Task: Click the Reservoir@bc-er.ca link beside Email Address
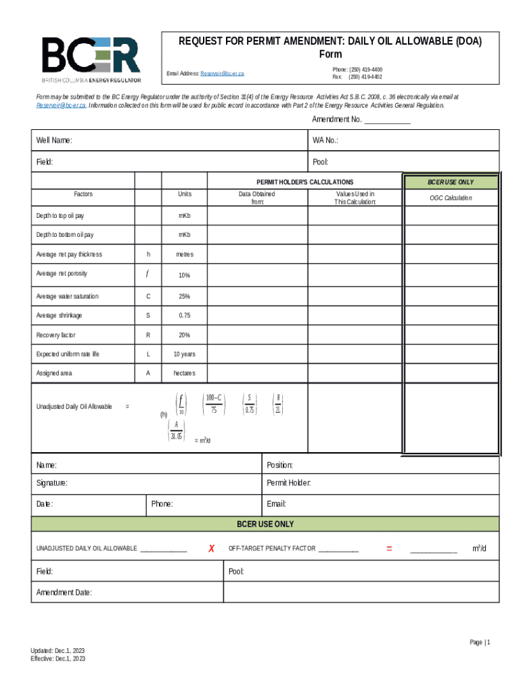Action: pos(222,72)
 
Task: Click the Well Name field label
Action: pos(54,140)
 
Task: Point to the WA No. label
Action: pos(325,140)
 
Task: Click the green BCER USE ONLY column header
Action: pos(451,182)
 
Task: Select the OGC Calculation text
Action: pos(451,198)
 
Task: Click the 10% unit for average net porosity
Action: pos(184,275)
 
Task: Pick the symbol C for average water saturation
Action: pos(148,296)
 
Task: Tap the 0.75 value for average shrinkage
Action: pos(184,316)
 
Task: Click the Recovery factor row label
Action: pos(56,335)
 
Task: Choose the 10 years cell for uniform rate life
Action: pos(184,354)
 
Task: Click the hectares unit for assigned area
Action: pos(184,373)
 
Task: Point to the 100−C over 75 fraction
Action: pos(214,403)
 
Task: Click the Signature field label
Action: pos(51,483)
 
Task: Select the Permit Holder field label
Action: pos(289,483)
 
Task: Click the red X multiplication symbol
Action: pos(211,548)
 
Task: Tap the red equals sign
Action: pos(389,548)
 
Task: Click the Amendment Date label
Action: pos(64,593)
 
